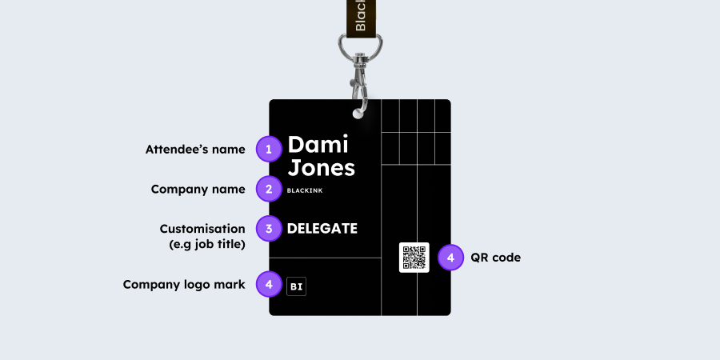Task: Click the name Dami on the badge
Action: tap(318, 145)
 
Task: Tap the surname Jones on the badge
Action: tap(321, 168)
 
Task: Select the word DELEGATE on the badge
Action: tap(322, 229)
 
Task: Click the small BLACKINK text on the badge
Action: tap(304, 190)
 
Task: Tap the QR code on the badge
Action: tap(414, 258)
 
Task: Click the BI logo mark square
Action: tap(296, 286)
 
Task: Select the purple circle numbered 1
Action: tap(269, 149)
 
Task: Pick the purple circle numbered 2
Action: tap(269, 190)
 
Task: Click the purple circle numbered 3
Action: tap(269, 229)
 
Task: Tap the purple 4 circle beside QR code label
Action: tap(451, 258)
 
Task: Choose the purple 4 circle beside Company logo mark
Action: tap(269, 284)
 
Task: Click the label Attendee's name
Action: tap(195, 150)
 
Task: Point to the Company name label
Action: tap(198, 190)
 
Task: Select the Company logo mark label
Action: tap(184, 284)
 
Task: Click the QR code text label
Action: tap(495, 258)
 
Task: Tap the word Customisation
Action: tap(202, 229)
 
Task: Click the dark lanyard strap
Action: tap(360, 16)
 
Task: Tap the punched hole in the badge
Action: tap(358, 113)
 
